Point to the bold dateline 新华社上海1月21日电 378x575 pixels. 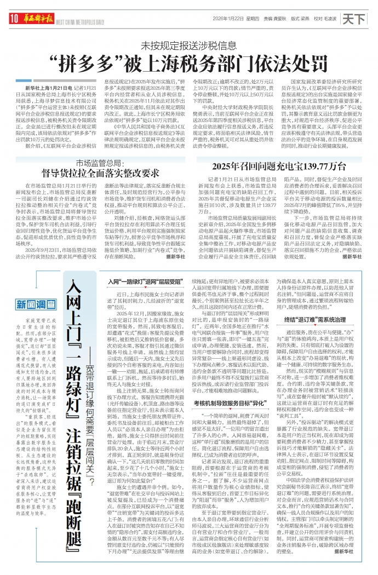(x=49, y=88)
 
